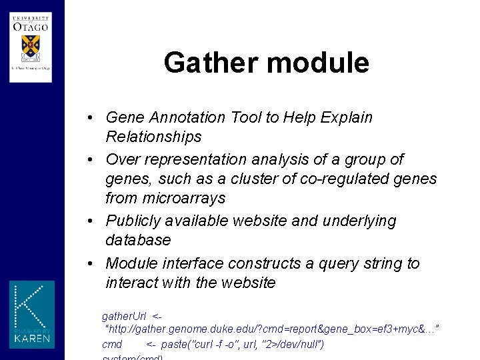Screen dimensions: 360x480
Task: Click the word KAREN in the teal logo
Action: tap(31, 339)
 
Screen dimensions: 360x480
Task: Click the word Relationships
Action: tap(153, 137)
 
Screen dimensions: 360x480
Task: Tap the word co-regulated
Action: tap(350, 179)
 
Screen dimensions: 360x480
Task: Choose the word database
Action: tap(138, 240)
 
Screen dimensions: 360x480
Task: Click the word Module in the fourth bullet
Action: tap(130, 263)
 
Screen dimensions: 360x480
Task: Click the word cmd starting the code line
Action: tap(111, 345)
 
